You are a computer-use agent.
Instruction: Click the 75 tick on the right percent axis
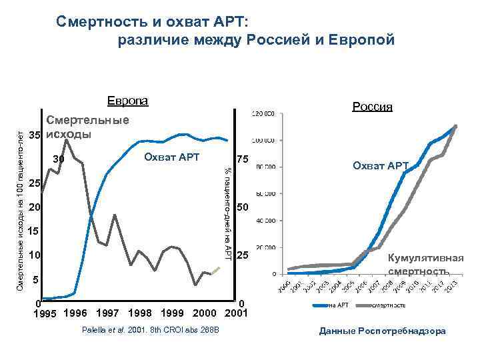coord(243,160)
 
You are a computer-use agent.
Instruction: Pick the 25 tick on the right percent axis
coord(243,256)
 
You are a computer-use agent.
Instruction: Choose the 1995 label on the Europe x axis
coord(45,313)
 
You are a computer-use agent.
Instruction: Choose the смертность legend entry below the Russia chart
coord(389,305)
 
